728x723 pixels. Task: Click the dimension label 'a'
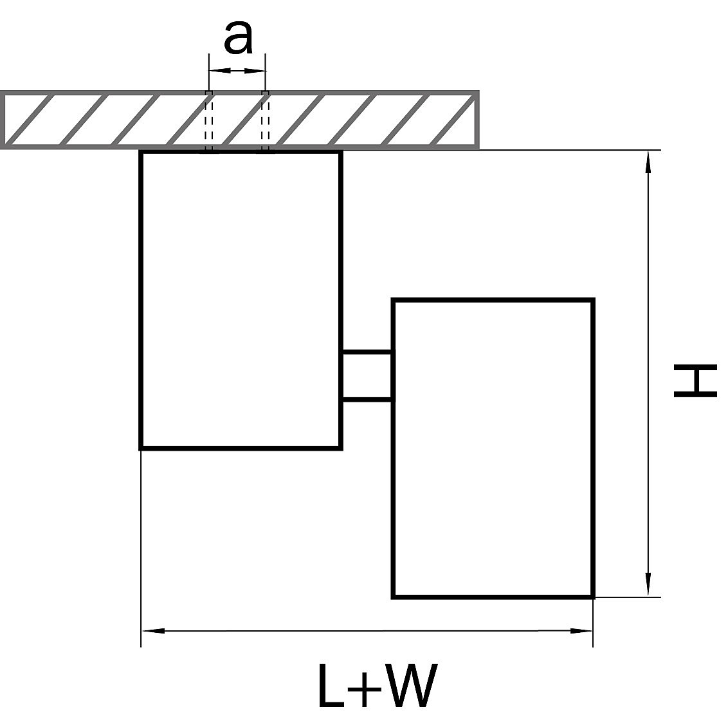click(x=238, y=39)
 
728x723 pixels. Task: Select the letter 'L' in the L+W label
click(x=331, y=685)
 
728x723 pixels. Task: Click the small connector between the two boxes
click(x=366, y=376)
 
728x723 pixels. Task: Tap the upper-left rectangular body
click(x=241, y=299)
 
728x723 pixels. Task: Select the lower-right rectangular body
click(x=493, y=448)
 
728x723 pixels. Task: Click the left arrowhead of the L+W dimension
click(x=153, y=630)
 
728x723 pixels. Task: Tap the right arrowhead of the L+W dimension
click(x=581, y=630)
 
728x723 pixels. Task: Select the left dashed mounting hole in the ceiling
click(x=208, y=120)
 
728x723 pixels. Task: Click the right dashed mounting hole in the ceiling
click(x=265, y=120)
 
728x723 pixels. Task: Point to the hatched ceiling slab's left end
click(x=5, y=120)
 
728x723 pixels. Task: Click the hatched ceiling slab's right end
click(x=476, y=120)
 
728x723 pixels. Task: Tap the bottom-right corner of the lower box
click(x=592, y=597)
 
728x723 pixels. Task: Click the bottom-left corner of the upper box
click(x=141, y=447)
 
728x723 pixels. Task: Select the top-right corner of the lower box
click(x=592, y=300)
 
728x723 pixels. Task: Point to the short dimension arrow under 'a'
click(x=237, y=70)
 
